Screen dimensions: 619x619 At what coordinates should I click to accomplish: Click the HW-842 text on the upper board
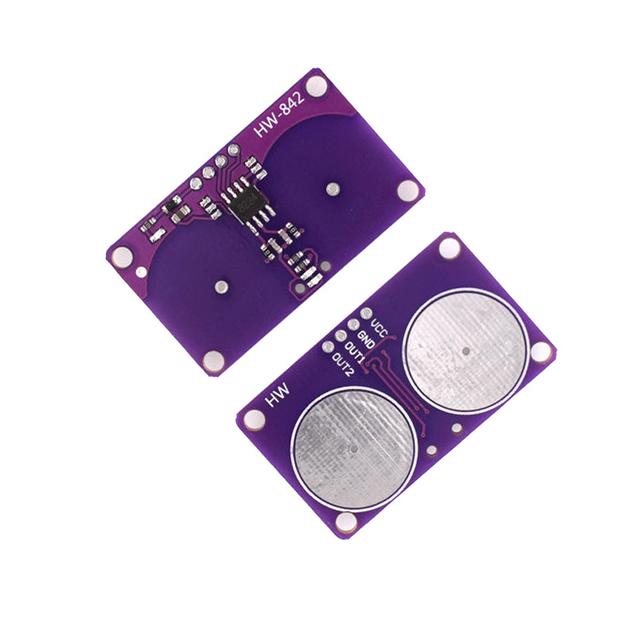pos(279,115)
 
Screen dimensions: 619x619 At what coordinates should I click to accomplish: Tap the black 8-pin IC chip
pos(248,205)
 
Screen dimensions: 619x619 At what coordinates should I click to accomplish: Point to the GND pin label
pos(367,340)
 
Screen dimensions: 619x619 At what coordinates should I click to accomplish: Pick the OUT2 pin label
pos(342,364)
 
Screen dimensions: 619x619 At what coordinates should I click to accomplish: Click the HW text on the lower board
pos(278,395)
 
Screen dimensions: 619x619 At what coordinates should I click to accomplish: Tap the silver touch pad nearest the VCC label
pos(466,351)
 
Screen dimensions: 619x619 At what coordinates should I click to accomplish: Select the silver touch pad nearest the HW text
pos(354,450)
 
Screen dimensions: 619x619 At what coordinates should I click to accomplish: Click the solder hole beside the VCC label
pos(366,313)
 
